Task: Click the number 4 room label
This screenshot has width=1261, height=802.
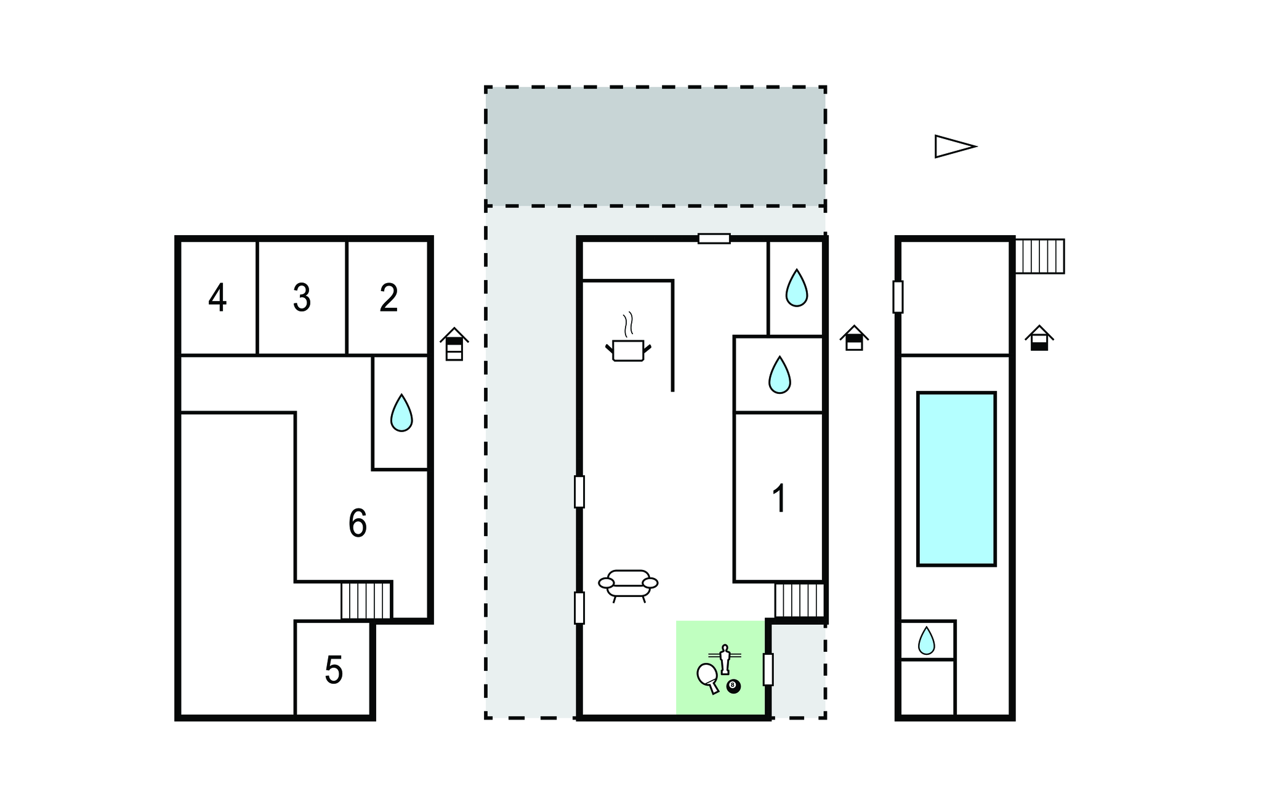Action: [217, 298]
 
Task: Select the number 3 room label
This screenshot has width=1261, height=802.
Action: [302, 298]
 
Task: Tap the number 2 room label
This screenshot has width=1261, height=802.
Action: [389, 298]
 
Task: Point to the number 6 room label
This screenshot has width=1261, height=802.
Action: [358, 523]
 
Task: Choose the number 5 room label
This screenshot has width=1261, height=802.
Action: [334, 670]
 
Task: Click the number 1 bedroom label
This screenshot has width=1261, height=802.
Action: [780, 498]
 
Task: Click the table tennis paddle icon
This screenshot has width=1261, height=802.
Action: [708, 678]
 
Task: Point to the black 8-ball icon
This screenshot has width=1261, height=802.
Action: [733, 686]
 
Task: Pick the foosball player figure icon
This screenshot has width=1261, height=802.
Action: [725, 659]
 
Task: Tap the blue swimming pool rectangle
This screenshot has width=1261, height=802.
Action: [956, 479]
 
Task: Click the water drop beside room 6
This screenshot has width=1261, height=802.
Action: [401, 413]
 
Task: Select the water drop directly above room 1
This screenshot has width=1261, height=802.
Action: [780, 375]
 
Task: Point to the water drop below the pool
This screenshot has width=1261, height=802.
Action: [927, 641]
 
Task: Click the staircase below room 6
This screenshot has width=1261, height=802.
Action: [366, 601]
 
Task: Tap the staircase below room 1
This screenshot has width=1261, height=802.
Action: [799, 600]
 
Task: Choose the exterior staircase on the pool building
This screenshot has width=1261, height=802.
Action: [1039, 256]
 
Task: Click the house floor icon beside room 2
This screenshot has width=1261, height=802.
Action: [454, 343]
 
